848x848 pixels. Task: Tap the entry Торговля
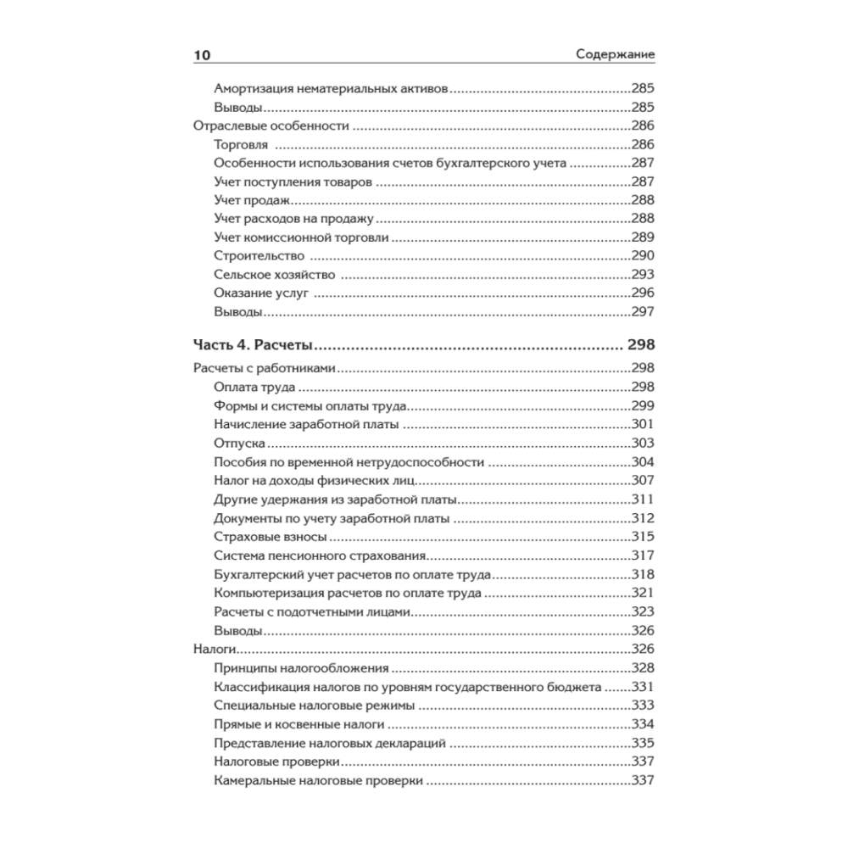pos(242,145)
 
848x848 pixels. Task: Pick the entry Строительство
pos(259,255)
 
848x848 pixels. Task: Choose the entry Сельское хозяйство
pos(275,275)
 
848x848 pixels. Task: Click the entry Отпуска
pos(242,444)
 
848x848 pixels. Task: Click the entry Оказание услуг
pos(261,293)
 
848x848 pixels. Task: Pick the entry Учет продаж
pos(253,200)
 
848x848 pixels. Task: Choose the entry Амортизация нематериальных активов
pos(331,88)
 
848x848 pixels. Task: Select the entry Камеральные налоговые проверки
pos(319,780)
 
